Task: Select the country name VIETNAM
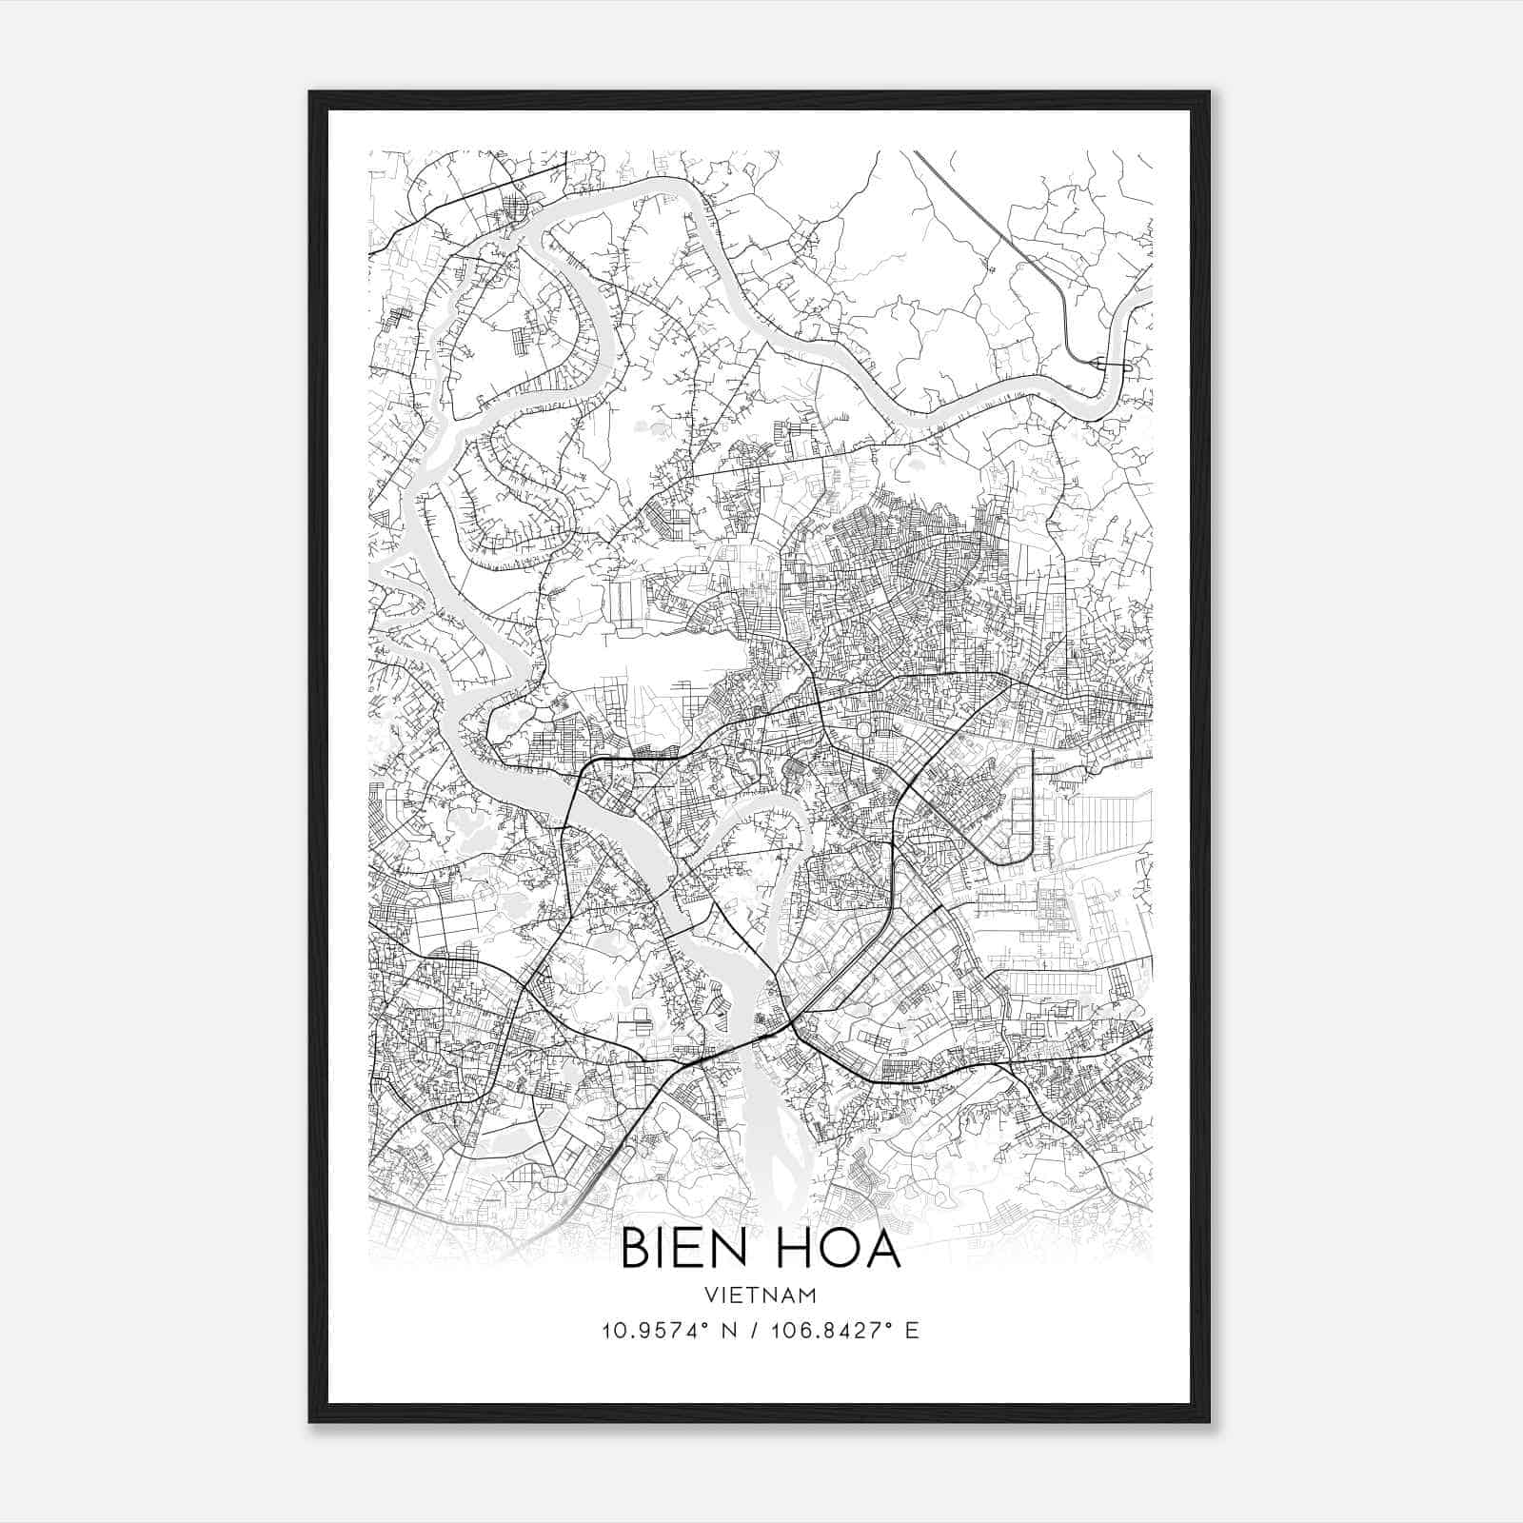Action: point(761,1295)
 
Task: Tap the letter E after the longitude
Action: point(912,1331)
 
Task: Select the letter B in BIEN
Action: point(635,1249)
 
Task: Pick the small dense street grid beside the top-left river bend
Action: point(517,205)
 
